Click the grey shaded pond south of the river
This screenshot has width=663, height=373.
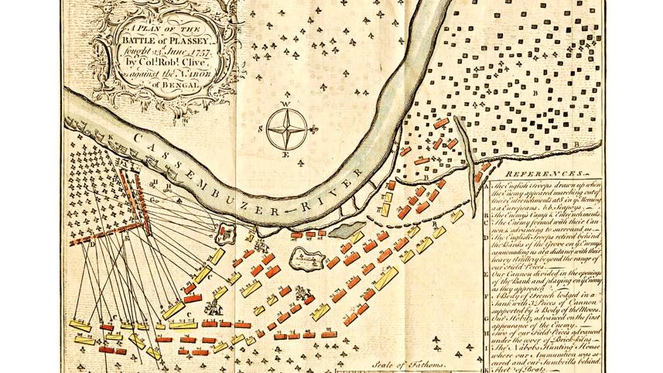click(x=347, y=228)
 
